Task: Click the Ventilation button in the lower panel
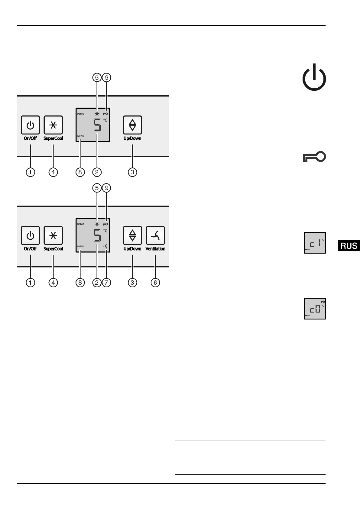pos(155,235)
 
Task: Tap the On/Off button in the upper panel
pos(30,125)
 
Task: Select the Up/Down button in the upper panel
pos(132,125)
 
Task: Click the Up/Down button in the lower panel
pos(132,235)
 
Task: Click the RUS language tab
pos(349,246)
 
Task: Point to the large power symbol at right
pos(314,78)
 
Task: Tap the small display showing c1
pos(315,243)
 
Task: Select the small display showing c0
pos(315,309)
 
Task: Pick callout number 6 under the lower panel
pos(155,283)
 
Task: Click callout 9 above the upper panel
pos(106,78)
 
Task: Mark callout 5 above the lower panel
pos(97,188)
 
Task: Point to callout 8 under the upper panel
pos(80,172)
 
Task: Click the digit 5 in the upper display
pos(97,125)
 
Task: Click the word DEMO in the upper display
pos(81,114)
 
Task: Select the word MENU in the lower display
pos(80,246)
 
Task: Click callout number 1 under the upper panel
pos(30,172)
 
